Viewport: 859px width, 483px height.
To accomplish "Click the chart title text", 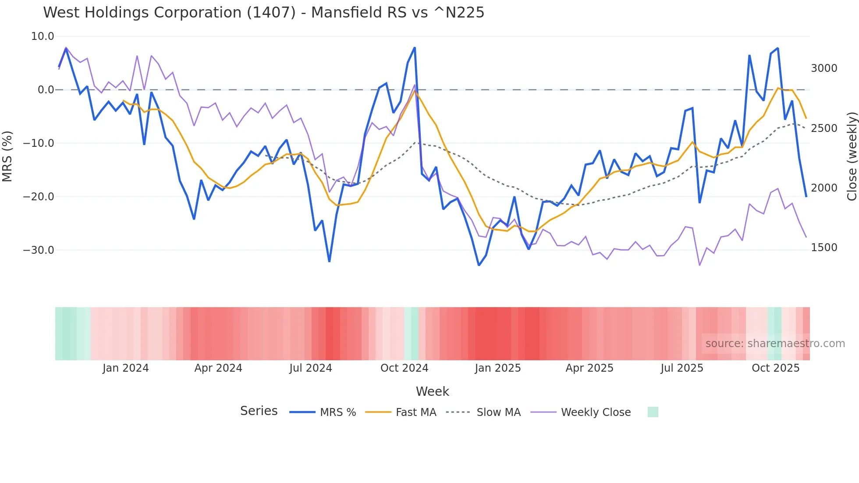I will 263,13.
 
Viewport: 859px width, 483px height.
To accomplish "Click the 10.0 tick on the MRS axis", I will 43,36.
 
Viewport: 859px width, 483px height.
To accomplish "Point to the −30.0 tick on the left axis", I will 39,250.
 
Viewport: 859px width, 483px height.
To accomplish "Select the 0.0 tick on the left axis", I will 46,90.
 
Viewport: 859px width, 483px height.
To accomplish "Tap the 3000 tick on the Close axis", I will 824,68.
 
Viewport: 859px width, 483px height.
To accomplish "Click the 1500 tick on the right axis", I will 824,248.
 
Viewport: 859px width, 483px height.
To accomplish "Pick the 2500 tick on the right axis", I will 824,128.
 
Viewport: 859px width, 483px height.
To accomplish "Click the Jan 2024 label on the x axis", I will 126,368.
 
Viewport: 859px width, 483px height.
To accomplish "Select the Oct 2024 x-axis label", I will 404,368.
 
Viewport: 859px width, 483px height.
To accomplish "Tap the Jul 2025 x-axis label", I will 682,368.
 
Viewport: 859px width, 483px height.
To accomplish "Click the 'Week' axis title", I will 432,391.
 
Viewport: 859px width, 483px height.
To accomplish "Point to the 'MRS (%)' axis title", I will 7,156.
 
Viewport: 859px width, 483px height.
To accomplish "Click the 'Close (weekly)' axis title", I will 852,156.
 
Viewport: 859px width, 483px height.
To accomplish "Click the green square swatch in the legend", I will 653,412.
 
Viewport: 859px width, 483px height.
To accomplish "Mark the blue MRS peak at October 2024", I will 415,48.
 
